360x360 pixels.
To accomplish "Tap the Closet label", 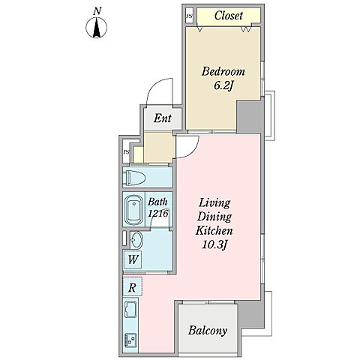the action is pos(229,16).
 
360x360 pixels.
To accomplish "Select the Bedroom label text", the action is pos(223,71).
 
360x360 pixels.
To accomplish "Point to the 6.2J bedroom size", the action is pos(223,86).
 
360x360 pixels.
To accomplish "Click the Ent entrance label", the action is pos(163,118).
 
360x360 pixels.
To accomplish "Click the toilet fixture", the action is pos(136,178).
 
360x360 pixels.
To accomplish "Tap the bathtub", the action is pos(134,210).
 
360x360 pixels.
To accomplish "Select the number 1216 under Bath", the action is pos(158,214).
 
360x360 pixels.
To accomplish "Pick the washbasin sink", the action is pos(136,240).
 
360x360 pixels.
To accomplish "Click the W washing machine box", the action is pos(133,259).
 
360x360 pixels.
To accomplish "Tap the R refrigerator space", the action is pos(132,286).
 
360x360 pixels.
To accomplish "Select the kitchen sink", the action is pos(131,309).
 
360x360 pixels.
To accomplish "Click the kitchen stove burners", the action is pos(130,340).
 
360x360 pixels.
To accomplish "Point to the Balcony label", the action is pos(208,331).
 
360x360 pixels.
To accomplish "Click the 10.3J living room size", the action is pos(214,245).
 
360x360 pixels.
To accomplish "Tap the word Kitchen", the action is pos(214,230).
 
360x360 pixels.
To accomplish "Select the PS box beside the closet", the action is pos(190,16).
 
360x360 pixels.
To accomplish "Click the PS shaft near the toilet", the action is pos(127,151).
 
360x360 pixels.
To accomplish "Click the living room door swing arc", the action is pos(193,152).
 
